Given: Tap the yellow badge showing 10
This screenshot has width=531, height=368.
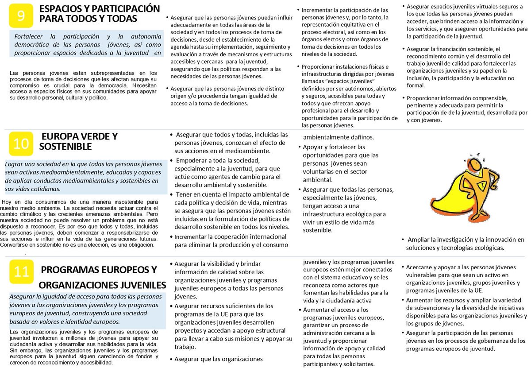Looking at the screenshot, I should pos(20,143).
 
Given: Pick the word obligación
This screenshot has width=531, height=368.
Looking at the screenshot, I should pos(140,244).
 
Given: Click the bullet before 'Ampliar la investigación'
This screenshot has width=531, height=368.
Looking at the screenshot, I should pos(403,240).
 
